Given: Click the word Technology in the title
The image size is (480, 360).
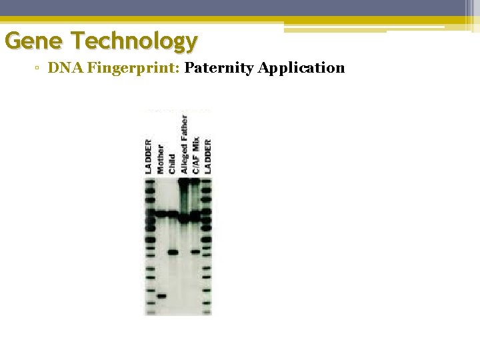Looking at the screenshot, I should pos(136,42).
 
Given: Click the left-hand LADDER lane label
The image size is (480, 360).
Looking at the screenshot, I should pos(149,157).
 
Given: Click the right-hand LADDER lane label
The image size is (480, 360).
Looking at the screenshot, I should pos(207,157).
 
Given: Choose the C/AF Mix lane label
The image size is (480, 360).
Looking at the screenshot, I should pos(196,155).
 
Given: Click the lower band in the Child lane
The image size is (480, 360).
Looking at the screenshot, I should pos(173,252).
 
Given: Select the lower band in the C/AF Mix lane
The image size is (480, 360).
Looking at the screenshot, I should pos(195,252).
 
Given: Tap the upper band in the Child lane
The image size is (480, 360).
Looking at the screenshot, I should pos(173,214).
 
